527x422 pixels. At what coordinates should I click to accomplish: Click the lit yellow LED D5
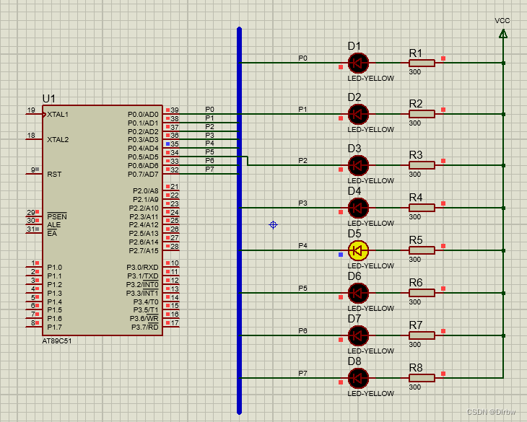(x=358, y=250)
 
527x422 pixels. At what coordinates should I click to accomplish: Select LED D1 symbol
(x=358, y=63)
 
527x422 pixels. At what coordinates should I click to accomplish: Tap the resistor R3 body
(x=422, y=165)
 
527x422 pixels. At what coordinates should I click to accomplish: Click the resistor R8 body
(x=422, y=378)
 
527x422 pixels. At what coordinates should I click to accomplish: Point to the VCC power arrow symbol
(x=503, y=34)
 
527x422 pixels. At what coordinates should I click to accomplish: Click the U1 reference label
(x=49, y=99)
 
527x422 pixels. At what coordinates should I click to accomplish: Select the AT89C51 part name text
(x=57, y=341)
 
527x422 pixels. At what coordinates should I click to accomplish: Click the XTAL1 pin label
(x=58, y=115)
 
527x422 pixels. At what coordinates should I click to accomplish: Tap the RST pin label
(x=54, y=175)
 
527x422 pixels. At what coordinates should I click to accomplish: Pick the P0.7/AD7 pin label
(x=143, y=175)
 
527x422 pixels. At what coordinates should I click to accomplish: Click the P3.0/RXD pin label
(x=142, y=267)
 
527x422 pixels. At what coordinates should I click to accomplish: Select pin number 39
(x=175, y=110)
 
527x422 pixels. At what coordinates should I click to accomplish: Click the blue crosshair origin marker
(x=274, y=225)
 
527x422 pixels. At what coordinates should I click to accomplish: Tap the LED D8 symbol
(x=358, y=378)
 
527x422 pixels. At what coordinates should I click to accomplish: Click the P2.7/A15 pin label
(x=144, y=250)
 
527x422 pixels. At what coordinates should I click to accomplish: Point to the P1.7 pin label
(x=54, y=327)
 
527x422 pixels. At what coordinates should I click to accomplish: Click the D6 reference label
(x=354, y=276)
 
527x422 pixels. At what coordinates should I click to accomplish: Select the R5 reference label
(x=416, y=240)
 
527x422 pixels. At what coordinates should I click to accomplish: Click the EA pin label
(x=52, y=233)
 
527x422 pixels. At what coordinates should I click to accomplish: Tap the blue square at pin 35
(x=167, y=144)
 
